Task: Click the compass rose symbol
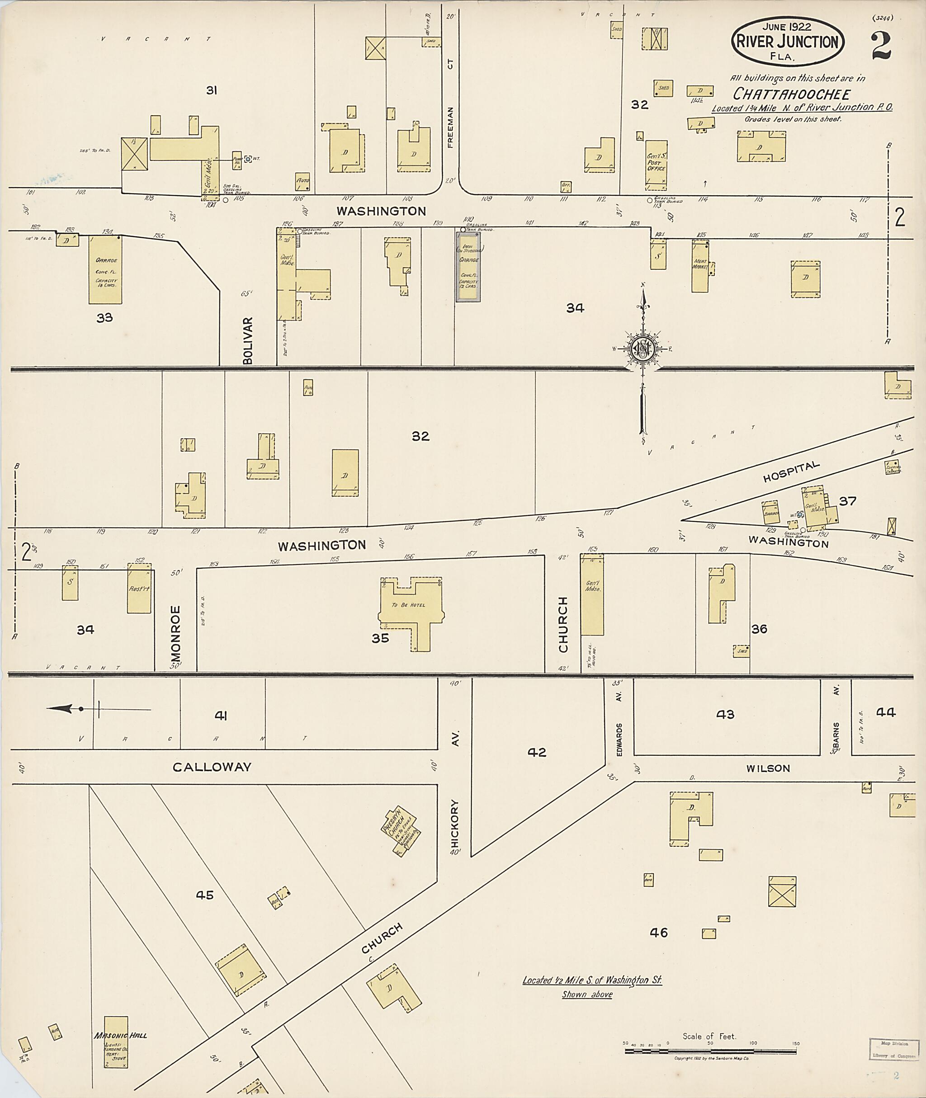[x=643, y=348]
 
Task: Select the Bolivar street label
[x=248, y=340]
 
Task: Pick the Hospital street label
[x=791, y=471]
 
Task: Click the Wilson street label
[x=768, y=768]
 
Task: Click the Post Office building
[x=656, y=165]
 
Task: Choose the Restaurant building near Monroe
[x=139, y=589]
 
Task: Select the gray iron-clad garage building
[x=468, y=267]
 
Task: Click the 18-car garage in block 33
[x=105, y=270]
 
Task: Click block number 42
[x=537, y=752]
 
